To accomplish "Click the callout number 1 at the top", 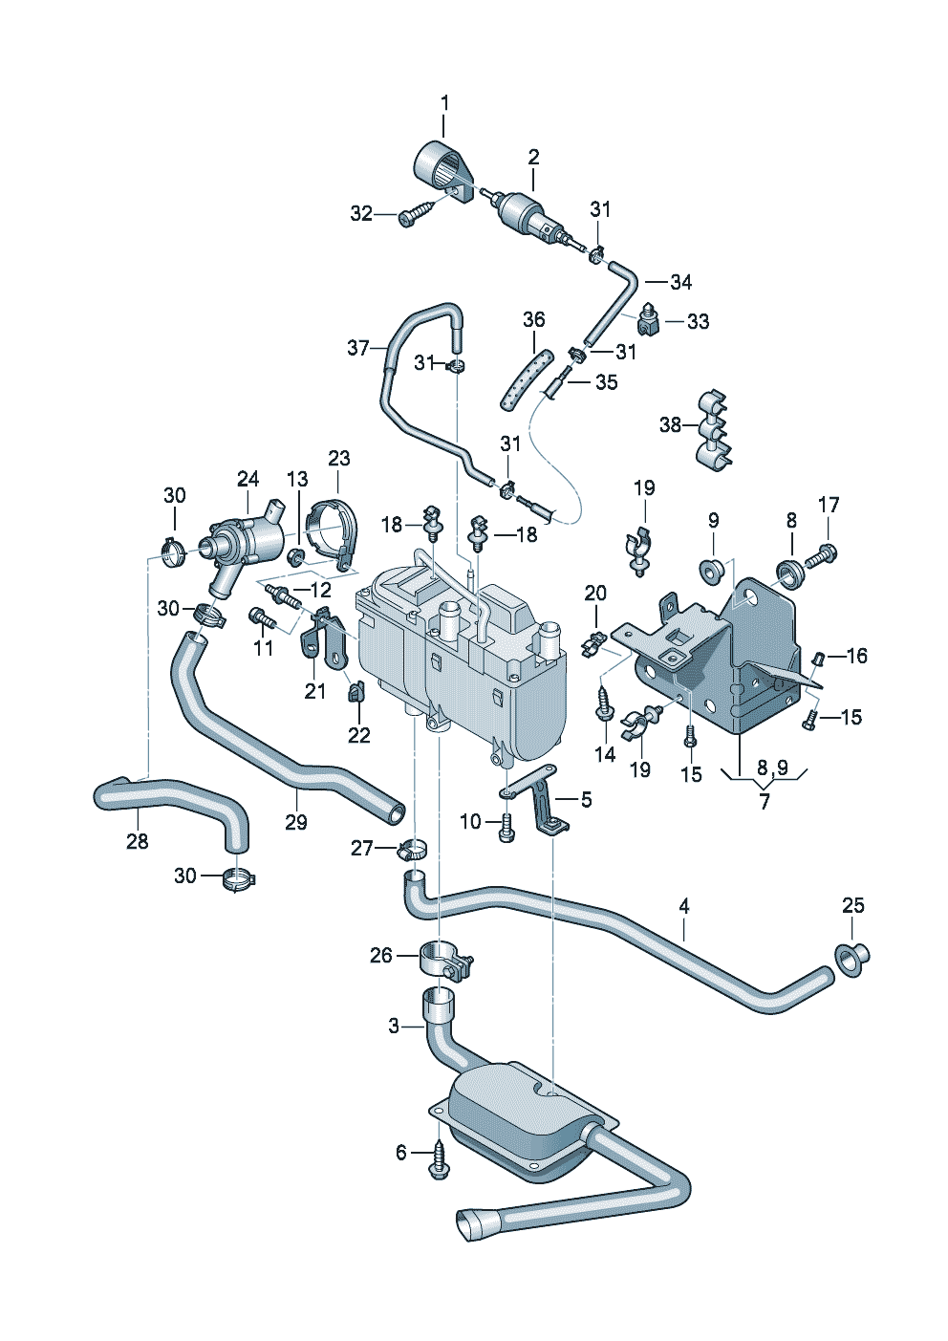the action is click(x=444, y=103).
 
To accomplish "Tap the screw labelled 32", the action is click(x=412, y=215).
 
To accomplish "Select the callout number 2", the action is click(x=534, y=158).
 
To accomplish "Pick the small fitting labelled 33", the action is click(x=648, y=320).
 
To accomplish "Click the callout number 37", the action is click(x=358, y=347).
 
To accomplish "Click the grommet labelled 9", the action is click(x=712, y=569).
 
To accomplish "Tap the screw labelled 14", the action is click(x=603, y=704).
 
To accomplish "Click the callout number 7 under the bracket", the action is click(x=764, y=801).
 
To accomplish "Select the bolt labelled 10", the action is click(x=506, y=826).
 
